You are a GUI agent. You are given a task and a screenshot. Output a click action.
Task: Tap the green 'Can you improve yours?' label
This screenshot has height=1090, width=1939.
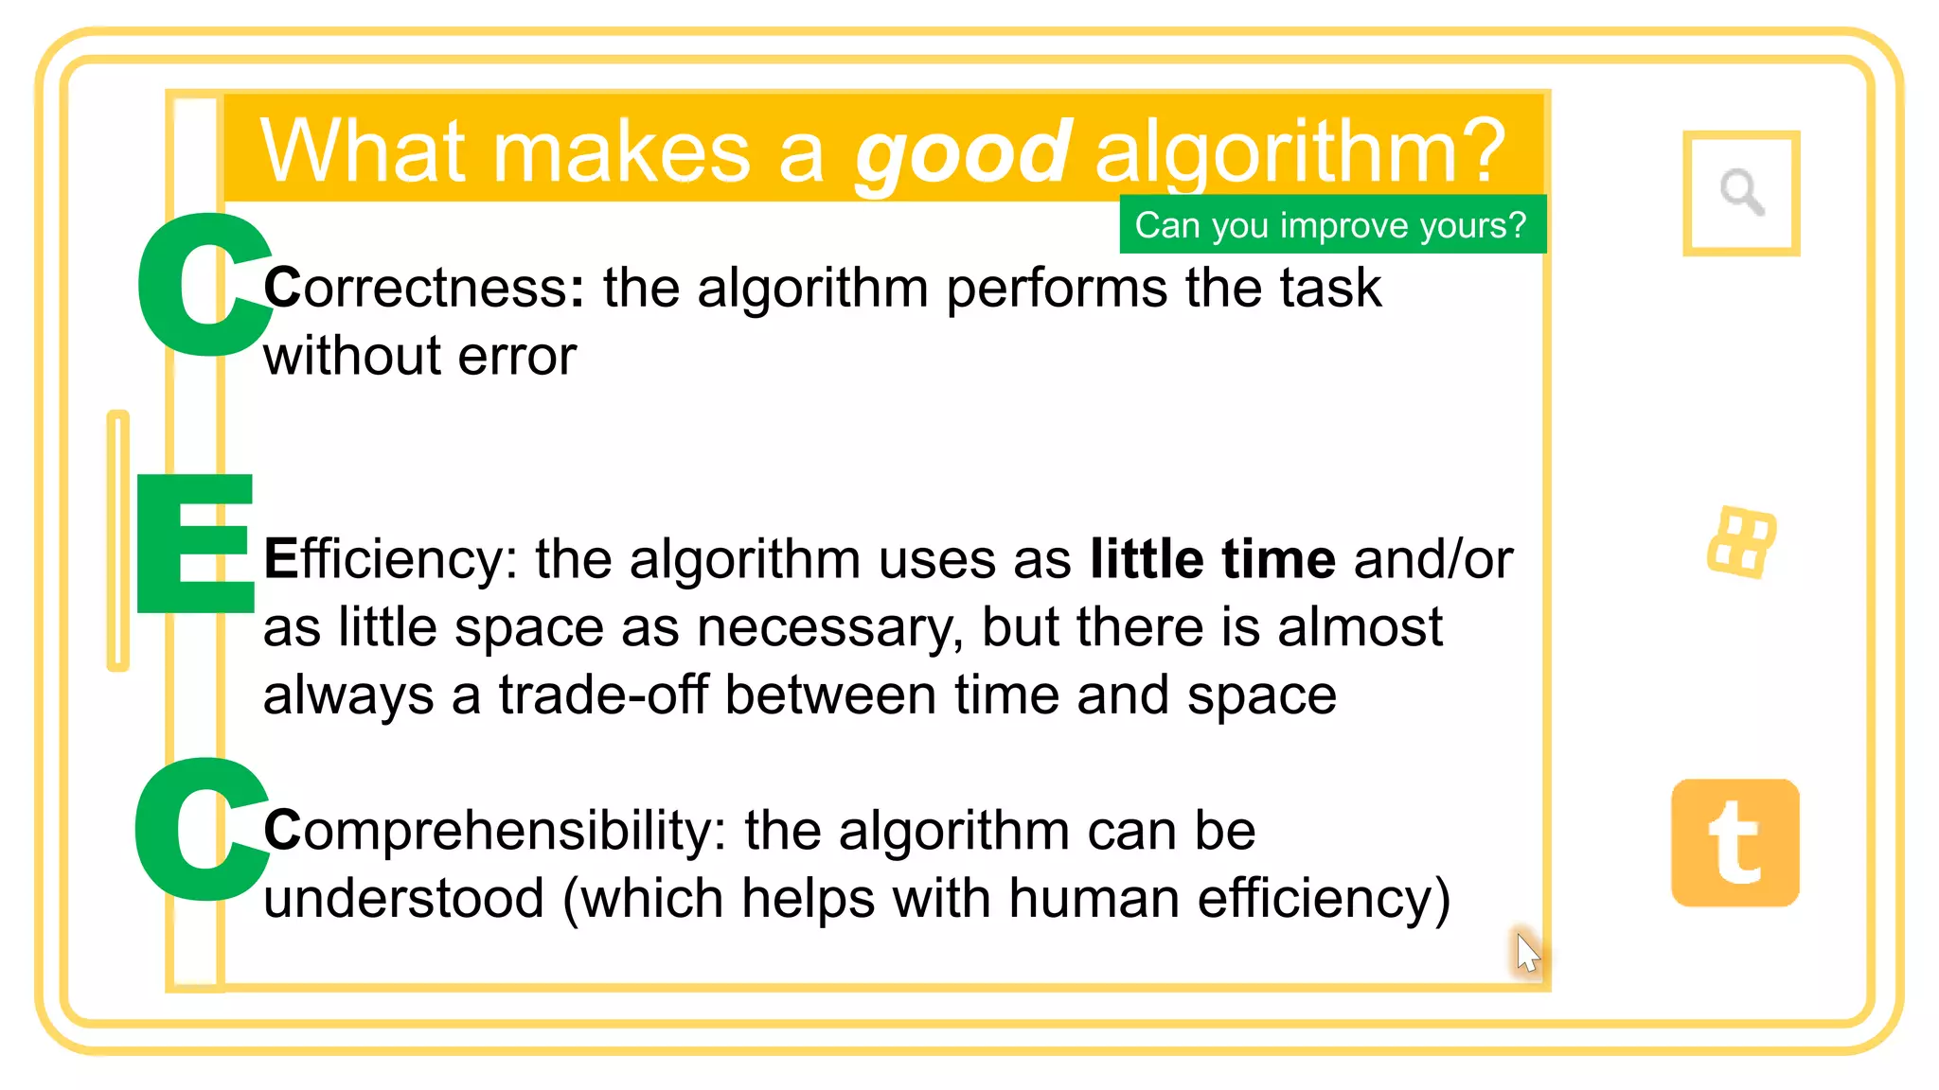tap(1331, 225)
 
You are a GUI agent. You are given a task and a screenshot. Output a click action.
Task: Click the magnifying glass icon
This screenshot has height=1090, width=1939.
tap(1741, 193)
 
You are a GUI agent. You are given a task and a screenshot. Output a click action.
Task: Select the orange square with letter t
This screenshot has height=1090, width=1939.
tap(1735, 843)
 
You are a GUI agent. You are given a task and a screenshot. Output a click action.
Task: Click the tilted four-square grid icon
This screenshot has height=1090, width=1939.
tap(1741, 543)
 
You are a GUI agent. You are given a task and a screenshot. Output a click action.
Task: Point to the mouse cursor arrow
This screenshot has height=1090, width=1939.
tap(1526, 951)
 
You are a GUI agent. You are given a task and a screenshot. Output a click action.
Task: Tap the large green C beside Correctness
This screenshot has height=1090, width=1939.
tap(202, 285)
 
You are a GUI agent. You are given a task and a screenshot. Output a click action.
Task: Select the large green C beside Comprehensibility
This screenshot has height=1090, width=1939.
tap(199, 829)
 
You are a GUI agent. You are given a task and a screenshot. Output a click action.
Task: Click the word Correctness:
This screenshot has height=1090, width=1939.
tap(424, 288)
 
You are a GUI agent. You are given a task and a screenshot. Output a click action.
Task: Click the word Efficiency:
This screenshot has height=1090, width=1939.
tap(390, 559)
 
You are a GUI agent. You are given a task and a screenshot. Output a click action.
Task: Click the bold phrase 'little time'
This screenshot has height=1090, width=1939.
tap(1212, 559)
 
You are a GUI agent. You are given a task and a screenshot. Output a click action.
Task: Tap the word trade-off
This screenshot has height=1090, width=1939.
tap(603, 695)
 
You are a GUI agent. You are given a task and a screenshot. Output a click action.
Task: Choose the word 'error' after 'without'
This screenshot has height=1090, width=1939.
tap(517, 357)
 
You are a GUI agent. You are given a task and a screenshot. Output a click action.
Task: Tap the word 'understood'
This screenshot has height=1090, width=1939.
tap(403, 898)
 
